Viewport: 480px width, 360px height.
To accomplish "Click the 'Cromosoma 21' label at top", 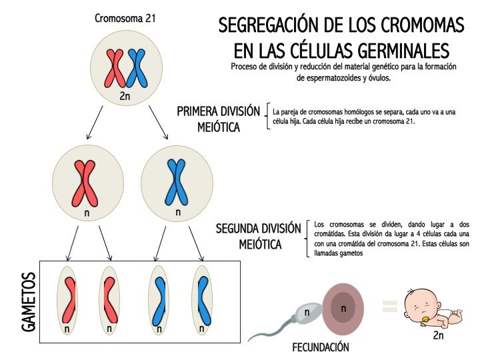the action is click(125, 19).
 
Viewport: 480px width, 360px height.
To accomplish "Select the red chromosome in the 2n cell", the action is click(115, 68).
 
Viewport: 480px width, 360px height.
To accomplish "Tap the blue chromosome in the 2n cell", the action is click(137, 68).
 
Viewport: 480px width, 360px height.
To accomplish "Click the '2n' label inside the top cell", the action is click(125, 96).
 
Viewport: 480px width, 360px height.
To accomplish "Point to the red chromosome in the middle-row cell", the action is click(85, 183).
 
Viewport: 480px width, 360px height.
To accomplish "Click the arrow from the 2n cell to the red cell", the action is click(95, 123).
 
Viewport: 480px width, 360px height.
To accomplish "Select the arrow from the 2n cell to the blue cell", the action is click(159, 123).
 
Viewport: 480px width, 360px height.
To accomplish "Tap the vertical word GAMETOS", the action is click(29, 302).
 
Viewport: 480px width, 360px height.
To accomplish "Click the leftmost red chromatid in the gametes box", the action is click(69, 300).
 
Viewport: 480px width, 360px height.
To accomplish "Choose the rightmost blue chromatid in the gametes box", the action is click(204, 301).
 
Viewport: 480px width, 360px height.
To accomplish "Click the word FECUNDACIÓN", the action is click(321, 347).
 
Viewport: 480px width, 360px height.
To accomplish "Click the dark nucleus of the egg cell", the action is click(343, 307).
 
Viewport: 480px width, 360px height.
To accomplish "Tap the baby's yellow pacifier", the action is click(425, 319).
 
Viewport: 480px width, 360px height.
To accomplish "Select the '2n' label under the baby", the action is click(439, 335).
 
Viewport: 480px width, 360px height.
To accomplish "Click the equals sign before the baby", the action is click(390, 306).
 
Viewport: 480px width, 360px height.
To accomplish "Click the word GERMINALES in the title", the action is click(403, 51).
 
